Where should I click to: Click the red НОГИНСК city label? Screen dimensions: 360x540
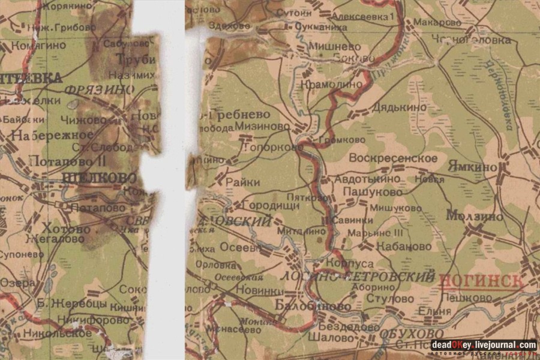pos(481,281)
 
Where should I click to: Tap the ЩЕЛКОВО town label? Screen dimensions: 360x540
pos(100,178)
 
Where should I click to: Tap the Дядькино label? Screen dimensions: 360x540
pos(399,107)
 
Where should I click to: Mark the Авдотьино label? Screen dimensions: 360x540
pos(368,179)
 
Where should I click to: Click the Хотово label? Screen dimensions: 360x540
pos(66,229)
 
